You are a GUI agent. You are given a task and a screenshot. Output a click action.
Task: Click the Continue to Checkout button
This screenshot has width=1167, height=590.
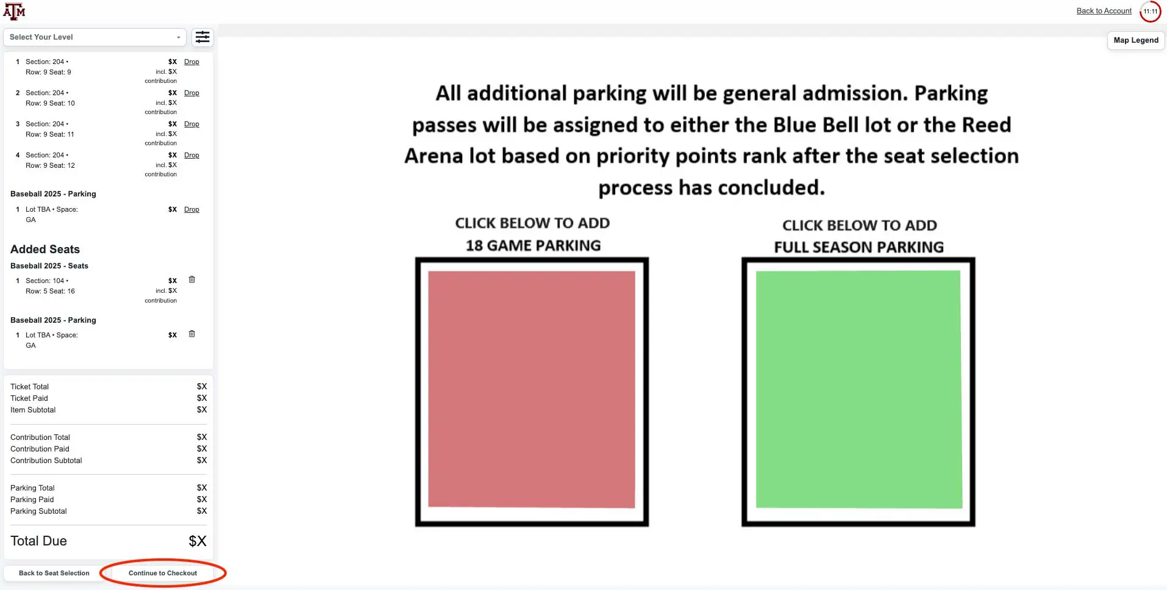coord(163,573)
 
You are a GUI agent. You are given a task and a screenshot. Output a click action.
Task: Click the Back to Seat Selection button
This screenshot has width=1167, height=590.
coord(54,573)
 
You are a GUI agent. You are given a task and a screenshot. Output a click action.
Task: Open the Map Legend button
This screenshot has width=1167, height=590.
coord(1136,40)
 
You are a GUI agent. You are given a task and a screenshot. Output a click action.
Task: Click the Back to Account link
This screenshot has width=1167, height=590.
coord(1104,11)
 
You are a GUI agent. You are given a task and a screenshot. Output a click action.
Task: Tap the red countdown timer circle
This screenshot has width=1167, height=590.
coord(1150,11)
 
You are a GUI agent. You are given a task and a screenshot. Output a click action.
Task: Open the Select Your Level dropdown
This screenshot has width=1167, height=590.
coord(95,37)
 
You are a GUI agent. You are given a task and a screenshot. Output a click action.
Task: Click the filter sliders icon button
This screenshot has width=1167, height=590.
coord(202,37)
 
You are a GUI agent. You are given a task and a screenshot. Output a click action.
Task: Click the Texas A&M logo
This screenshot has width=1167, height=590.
coord(14,11)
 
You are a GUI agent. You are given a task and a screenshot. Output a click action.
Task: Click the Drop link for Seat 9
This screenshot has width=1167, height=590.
coord(191,62)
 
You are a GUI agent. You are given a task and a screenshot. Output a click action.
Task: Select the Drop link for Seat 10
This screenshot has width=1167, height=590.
coord(191,93)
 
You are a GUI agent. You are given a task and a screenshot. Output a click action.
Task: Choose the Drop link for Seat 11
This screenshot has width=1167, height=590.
coord(191,124)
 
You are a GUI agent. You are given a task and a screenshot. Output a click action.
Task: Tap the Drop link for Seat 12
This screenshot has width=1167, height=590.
coord(191,155)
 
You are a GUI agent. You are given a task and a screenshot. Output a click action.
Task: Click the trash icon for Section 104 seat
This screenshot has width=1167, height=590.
coord(191,279)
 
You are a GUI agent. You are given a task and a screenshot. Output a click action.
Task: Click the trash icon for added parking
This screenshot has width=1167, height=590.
coord(191,334)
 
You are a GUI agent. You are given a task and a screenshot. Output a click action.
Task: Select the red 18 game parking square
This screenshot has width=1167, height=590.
coord(532,389)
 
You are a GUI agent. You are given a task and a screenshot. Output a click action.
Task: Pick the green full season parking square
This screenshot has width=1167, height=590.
coord(858,389)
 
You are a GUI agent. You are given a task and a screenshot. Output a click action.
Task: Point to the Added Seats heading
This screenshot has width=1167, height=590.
coord(45,249)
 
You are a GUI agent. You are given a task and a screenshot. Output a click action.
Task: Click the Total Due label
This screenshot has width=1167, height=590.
coord(38,541)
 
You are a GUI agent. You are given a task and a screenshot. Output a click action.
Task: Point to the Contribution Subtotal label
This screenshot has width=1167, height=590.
coord(46,461)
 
